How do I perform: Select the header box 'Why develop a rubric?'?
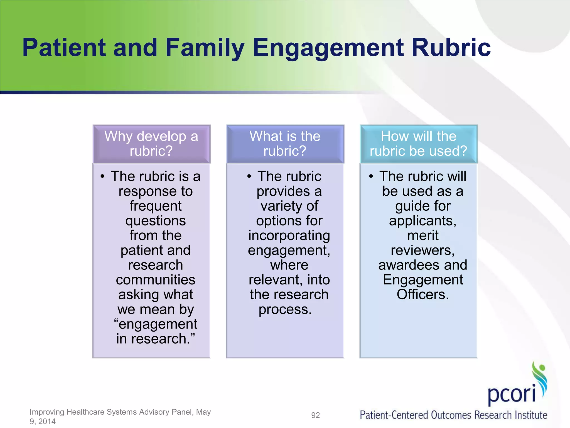[151, 144]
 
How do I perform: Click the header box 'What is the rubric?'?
[285, 144]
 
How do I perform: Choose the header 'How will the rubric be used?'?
[419, 144]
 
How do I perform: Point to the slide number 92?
[315, 415]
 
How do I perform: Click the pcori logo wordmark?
[512, 393]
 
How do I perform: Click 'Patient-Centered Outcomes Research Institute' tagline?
[453, 415]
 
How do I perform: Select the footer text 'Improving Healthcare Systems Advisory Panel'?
[111, 412]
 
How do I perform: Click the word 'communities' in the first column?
[156, 280]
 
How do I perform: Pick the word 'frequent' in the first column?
[156, 206]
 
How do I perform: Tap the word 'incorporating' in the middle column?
[289, 236]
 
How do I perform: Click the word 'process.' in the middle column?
[285, 309]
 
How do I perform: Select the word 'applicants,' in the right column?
[423, 221]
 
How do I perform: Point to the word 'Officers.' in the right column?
[423, 295]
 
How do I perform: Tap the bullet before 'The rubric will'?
[371, 176]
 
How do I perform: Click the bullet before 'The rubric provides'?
[249, 176]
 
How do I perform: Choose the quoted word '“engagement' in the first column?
[156, 324]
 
